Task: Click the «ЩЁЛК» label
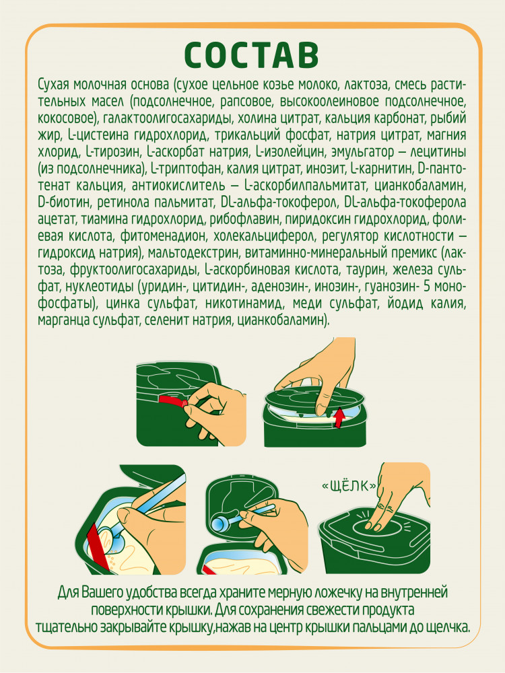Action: pyautogui.click(x=349, y=486)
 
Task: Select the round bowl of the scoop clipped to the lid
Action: pyautogui.click(x=222, y=524)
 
